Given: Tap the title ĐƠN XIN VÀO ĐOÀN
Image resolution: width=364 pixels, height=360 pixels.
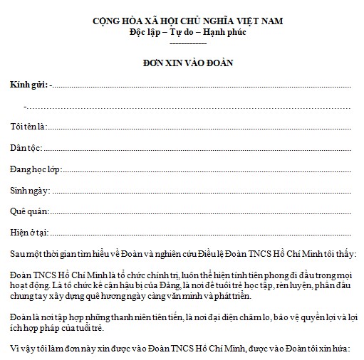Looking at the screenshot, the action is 188,63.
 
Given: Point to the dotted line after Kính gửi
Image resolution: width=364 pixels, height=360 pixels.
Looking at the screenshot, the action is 203,85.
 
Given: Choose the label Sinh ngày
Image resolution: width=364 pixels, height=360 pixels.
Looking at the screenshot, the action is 29,190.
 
